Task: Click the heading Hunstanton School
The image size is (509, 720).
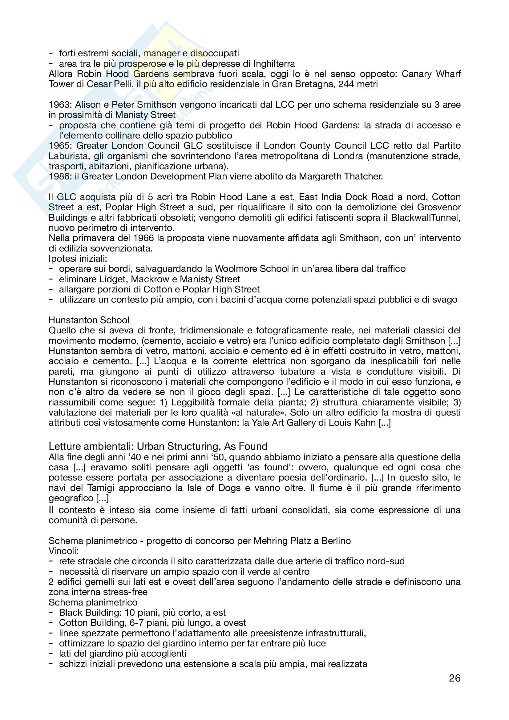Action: pyautogui.click(x=89, y=320)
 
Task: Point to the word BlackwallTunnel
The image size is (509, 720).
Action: pyautogui.click(x=426, y=218)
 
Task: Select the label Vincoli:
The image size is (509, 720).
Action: pyautogui.click(x=64, y=551)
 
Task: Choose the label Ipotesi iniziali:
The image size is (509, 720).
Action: pyautogui.click(x=78, y=259)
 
